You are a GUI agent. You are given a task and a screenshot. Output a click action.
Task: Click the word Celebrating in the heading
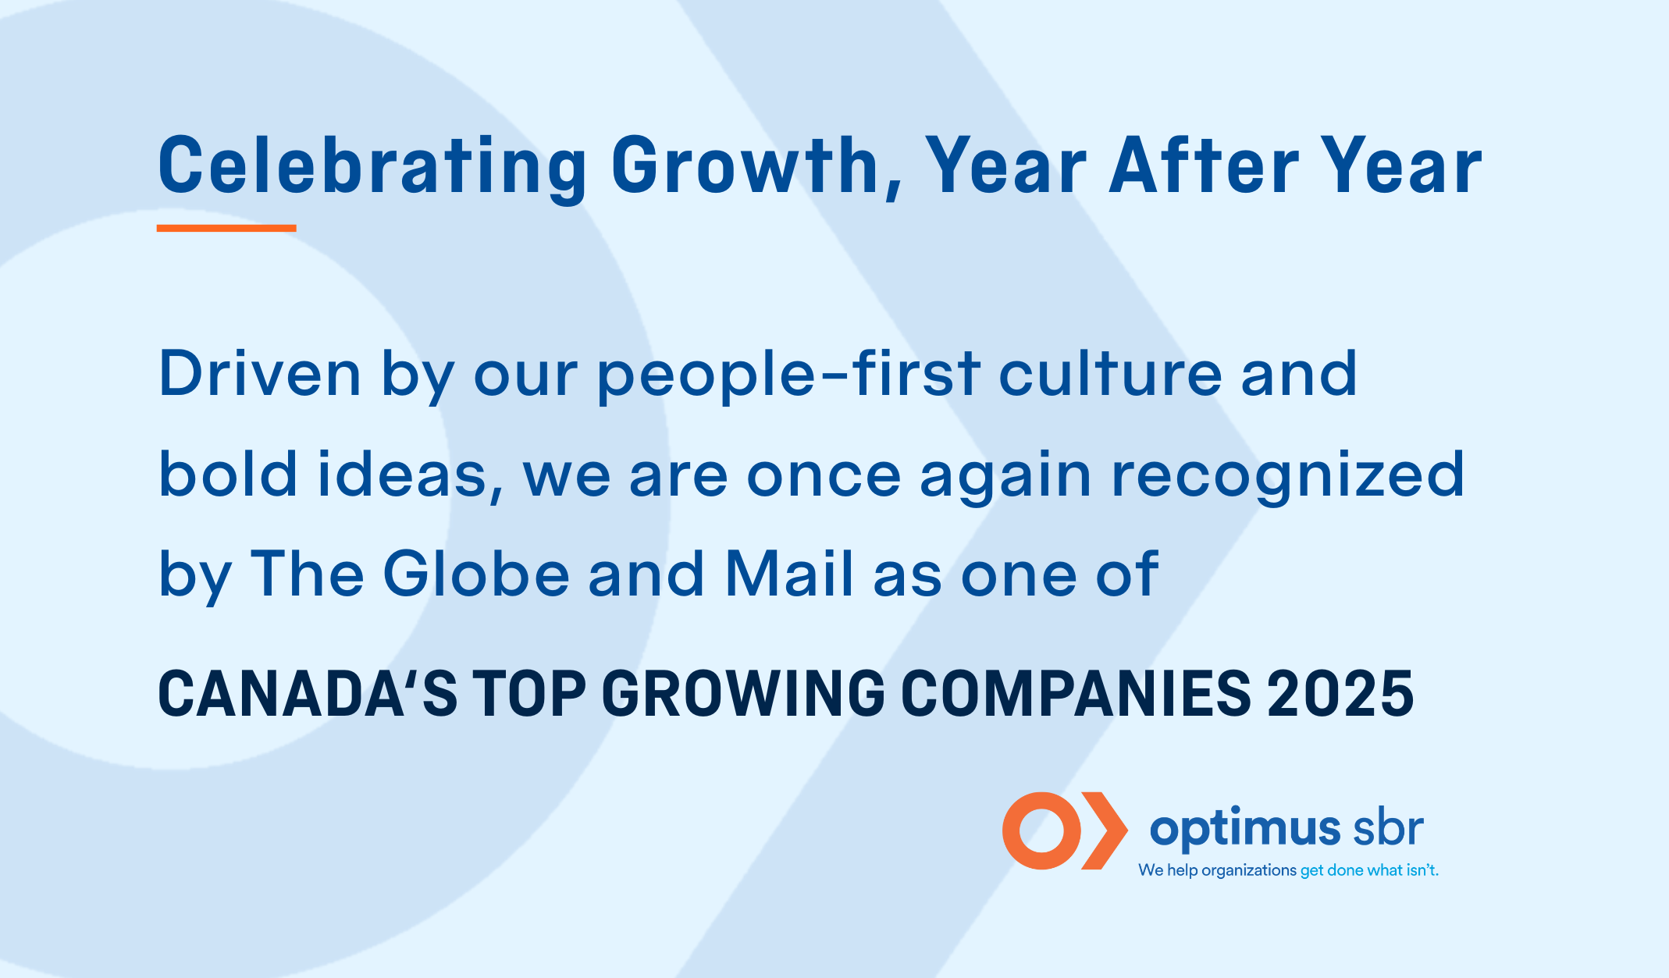[372, 166]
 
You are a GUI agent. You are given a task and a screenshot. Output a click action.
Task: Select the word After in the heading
[1204, 165]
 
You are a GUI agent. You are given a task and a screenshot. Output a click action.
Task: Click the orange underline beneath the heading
[226, 228]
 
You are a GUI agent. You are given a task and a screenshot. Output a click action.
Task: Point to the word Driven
[260, 373]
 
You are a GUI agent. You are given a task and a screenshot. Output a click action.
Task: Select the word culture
[1110, 373]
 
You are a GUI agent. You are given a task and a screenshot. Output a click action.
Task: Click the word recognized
[1289, 476]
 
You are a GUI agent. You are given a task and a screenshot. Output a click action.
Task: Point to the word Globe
[476, 574]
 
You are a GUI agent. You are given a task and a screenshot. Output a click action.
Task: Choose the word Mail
[789, 574]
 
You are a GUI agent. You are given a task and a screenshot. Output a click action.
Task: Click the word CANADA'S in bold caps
[308, 692]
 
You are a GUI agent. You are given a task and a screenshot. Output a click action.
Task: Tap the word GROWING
[744, 692]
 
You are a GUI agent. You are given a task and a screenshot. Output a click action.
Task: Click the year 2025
[1340, 692]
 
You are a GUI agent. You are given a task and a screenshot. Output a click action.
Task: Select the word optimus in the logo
[1245, 830]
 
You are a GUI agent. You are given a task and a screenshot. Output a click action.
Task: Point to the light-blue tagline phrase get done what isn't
[1369, 870]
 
